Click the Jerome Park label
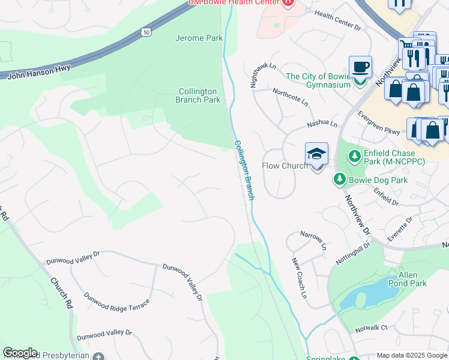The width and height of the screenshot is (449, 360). point(199,38)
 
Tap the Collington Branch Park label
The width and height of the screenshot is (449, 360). point(199,95)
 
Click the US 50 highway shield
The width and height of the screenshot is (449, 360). point(146,31)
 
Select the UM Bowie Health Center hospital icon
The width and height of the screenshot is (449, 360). point(289,2)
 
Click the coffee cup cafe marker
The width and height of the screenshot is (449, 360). point(360,67)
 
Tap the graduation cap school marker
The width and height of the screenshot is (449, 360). point(316,154)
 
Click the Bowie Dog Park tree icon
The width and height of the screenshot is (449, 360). point(339,179)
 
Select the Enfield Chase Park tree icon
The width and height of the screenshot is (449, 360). point(355,157)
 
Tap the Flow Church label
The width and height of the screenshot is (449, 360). point(285,166)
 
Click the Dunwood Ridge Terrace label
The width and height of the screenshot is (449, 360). point(116,302)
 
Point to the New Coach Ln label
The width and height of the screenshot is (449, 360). point(299,278)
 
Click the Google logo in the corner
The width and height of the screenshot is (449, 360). point(20,353)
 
